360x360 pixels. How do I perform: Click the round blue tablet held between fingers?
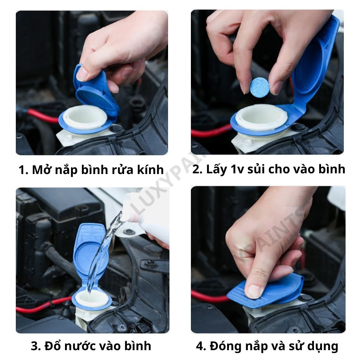click(259, 87)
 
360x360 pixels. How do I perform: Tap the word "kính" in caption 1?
click(150, 170)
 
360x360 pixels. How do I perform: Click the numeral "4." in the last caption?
click(201, 346)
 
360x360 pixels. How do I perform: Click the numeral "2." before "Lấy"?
click(197, 169)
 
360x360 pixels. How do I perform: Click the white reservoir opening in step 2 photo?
click(261, 117)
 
